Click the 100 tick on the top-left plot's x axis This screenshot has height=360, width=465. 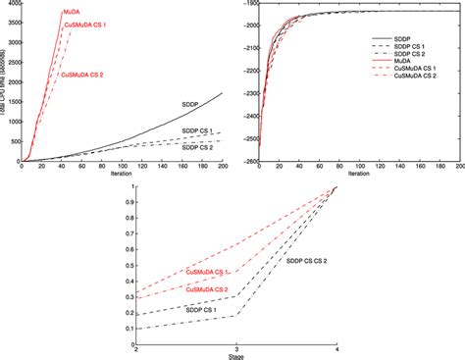123,167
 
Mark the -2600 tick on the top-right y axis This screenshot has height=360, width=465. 248,161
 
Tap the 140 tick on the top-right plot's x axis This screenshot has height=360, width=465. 401,167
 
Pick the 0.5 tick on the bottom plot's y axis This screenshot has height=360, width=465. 129,263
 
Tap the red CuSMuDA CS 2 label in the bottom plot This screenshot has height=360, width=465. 206,290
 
